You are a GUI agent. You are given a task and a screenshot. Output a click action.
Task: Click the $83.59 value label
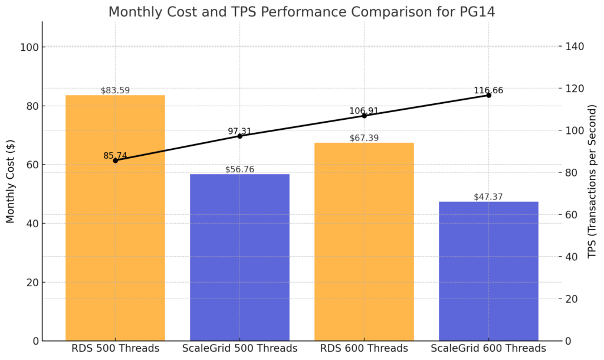pyautogui.click(x=115, y=90)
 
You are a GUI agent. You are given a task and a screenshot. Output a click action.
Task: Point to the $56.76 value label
pyautogui.click(x=239, y=169)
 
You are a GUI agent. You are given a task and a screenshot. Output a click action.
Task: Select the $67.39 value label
pyautogui.click(x=364, y=138)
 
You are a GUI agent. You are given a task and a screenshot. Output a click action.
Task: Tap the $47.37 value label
pyautogui.click(x=488, y=197)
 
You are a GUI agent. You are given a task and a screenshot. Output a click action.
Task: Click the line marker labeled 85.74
pyautogui.click(x=115, y=161)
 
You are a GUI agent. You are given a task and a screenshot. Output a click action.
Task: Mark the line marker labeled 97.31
pyautogui.click(x=239, y=136)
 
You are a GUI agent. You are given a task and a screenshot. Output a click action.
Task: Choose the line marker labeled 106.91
pyautogui.click(x=364, y=116)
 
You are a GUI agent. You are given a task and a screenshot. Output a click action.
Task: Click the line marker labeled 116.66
pyautogui.click(x=488, y=95)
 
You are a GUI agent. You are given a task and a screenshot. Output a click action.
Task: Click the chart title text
pyautogui.click(x=301, y=11)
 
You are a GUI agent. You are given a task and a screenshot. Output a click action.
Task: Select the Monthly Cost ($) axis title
pyautogui.click(x=11, y=181)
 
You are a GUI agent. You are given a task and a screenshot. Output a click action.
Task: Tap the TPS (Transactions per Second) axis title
pyautogui.click(x=592, y=181)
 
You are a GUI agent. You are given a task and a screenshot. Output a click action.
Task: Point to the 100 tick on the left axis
pyautogui.click(x=31, y=47)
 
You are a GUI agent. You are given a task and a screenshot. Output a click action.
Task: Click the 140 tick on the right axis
pyautogui.click(x=575, y=47)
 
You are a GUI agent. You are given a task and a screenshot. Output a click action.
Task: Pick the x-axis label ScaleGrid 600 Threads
pyautogui.click(x=488, y=348)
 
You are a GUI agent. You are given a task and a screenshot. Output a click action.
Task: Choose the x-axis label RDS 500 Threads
pyautogui.click(x=115, y=348)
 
